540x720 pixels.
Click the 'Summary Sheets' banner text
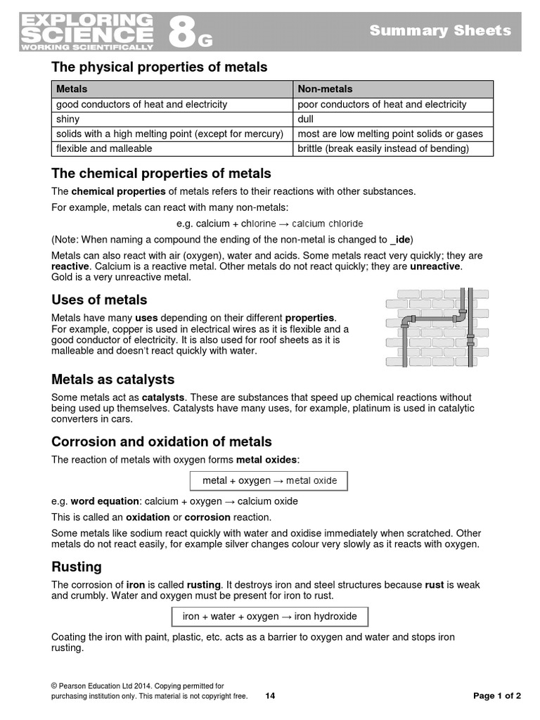440,30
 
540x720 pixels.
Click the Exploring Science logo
87,32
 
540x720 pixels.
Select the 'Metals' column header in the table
72,89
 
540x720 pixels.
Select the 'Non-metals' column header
325,89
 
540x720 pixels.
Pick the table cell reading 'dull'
307,119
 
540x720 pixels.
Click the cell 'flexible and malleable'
104,148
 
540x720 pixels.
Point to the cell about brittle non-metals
383,148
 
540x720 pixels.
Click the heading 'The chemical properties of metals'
161,174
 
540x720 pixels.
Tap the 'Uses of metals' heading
99,300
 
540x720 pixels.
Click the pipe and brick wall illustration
429,327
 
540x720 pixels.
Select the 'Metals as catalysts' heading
112,380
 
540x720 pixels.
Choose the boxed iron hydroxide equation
269,617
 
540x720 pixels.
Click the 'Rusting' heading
77,567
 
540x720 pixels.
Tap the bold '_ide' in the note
401,239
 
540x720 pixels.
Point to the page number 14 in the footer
271,696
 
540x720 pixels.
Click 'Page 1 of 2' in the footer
497,696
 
